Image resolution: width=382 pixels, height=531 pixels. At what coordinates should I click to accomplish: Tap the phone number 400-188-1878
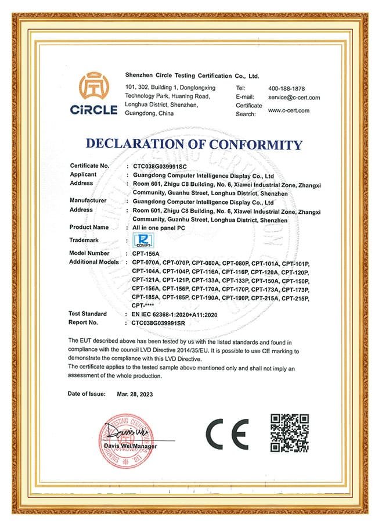pyautogui.click(x=287, y=88)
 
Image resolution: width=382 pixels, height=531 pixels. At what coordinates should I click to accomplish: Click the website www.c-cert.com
pyautogui.click(x=289, y=110)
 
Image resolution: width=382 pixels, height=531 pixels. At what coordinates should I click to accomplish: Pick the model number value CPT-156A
pyautogui.click(x=145, y=253)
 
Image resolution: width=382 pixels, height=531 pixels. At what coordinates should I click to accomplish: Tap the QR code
pyautogui.click(x=290, y=432)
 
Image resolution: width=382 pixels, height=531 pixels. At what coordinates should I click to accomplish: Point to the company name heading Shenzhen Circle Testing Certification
pyautogui.click(x=192, y=76)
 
